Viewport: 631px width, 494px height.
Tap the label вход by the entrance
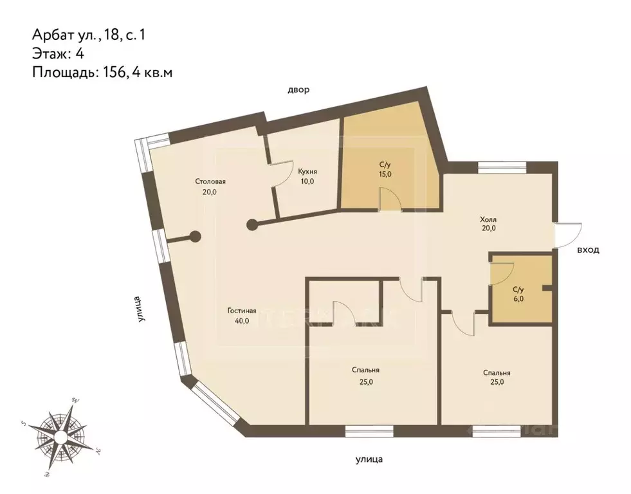click(x=587, y=250)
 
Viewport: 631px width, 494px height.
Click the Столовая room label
click(x=210, y=181)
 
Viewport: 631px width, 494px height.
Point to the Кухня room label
click(x=307, y=171)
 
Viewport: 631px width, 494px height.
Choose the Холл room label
click(x=489, y=217)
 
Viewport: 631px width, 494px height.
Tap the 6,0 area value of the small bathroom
click(x=518, y=298)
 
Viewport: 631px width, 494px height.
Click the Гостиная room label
click(x=242, y=311)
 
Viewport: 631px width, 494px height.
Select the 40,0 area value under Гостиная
click(x=242, y=321)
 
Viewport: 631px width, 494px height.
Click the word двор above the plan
click(x=298, y=90)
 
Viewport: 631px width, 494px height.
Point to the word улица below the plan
click(x=369, y=459)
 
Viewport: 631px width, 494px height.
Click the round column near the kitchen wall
click(x=253, y=224)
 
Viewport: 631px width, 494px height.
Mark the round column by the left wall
click(x=194, y=237)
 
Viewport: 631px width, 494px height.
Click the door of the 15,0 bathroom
click(x=390, y=199)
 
